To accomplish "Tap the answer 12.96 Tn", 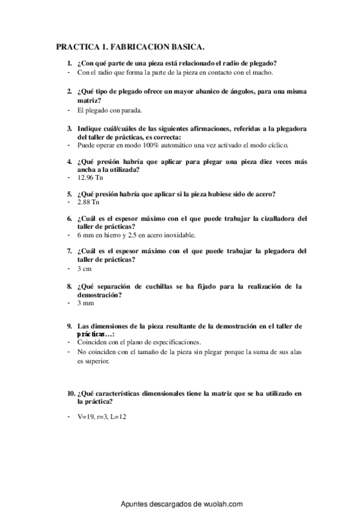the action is tap(90, 179).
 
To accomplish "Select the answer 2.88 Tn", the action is tap(88, 202).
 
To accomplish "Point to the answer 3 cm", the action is tap(84, 268).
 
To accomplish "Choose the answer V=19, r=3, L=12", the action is tap(102, 417).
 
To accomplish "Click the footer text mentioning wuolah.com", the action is tap(182, 504).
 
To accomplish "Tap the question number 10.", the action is tap(71, 394).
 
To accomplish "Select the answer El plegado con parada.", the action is tap(110, 111).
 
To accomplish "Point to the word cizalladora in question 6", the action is tap(275, 218).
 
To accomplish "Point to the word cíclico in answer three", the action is tap(277, 145).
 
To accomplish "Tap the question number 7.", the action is tap(69, 251).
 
